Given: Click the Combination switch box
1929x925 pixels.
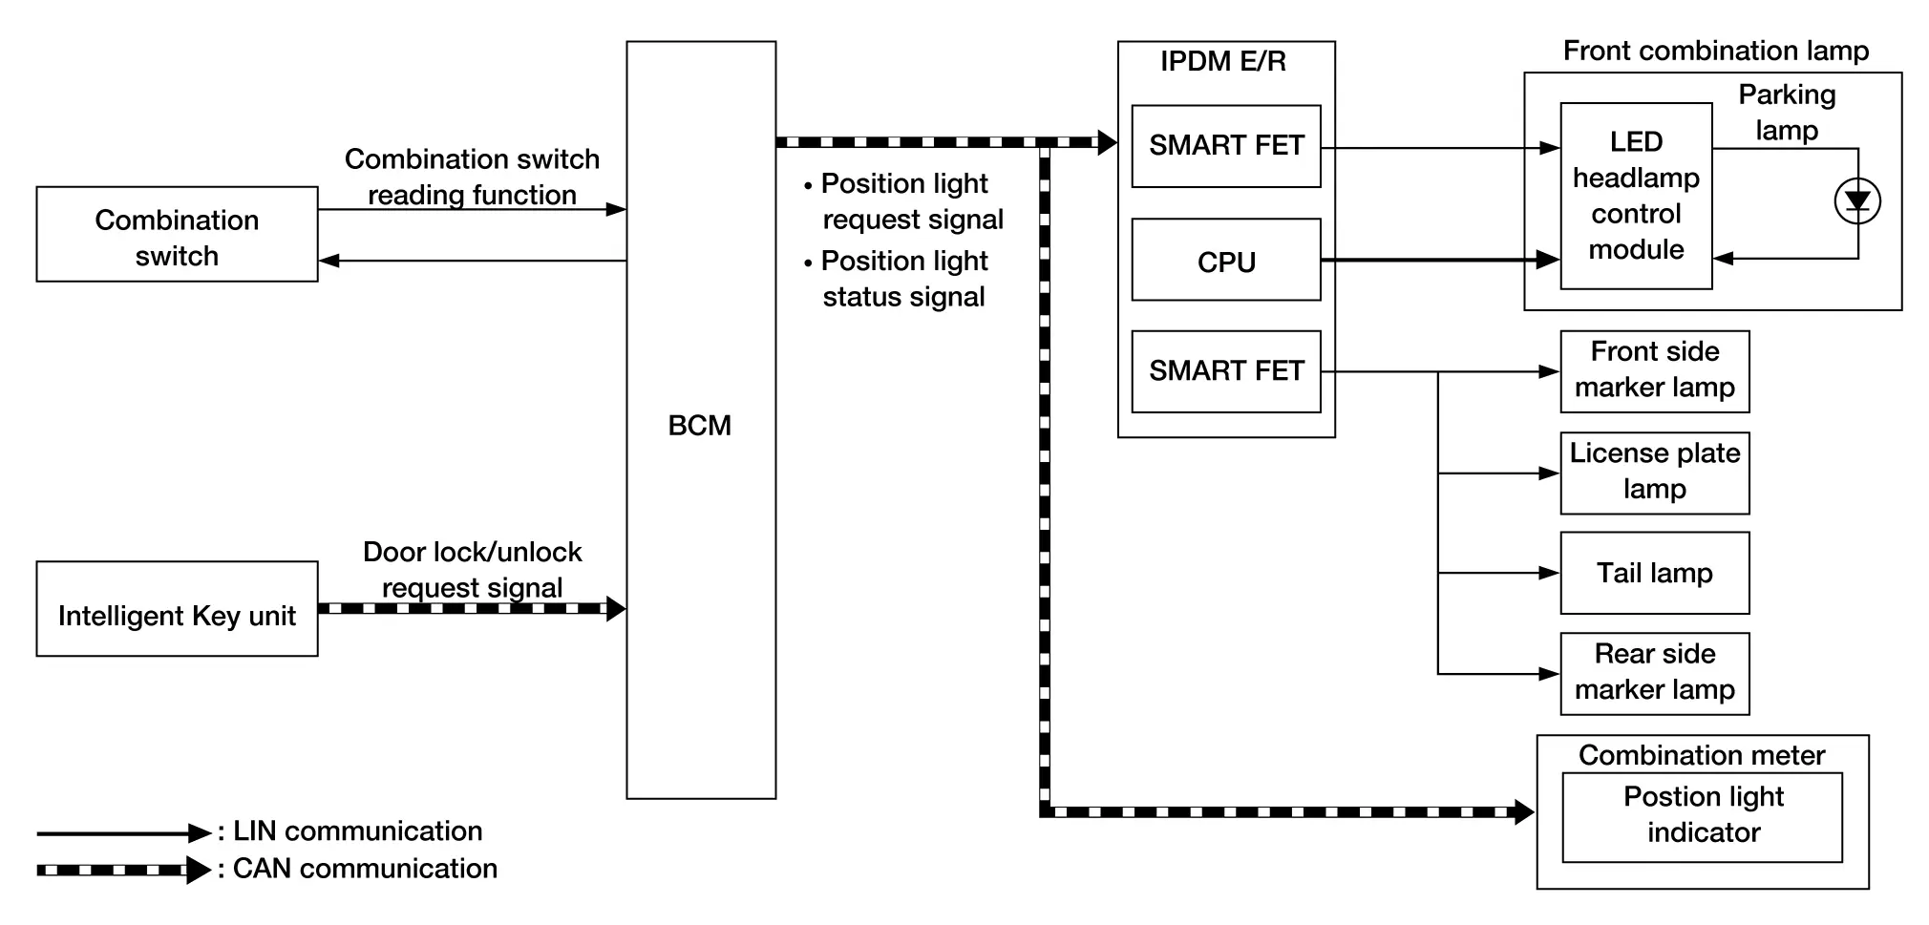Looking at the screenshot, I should pyautogui.click(x=177, y=235).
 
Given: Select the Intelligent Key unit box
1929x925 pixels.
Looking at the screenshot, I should pyautogui.click(x=177, y=609).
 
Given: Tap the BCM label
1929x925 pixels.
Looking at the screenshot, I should pyautogui.click(x=700, y=426).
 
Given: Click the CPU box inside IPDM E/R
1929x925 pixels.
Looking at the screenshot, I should pyautogui.click(x=1226, y=261).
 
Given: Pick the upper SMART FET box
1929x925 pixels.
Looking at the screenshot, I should pyautogui.click(x=1226, y=146).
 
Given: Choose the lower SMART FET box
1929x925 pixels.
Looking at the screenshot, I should pyautogui.click(x=1226, y=372).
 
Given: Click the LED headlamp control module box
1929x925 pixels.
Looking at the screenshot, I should pyautogui.click(x=1636, y=196).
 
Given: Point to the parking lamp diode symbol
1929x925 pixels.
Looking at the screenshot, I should pyautogui.click(x=1857, y=201).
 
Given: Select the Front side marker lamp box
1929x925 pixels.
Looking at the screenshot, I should pyautogui.click(x=1655, y=371).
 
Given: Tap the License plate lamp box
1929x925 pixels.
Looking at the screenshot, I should pyautogui.click(x=1655, y=473).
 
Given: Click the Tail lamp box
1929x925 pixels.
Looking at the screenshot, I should pyautogui.click(x=1655, y=574).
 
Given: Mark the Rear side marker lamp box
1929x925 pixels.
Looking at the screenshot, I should pyautogui.click(x=1655, y=674).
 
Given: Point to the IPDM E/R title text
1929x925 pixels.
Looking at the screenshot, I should pyautogui.click(x=1223, y=62).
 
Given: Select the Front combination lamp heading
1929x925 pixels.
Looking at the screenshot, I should pyautogui.click(x=1715, y=51).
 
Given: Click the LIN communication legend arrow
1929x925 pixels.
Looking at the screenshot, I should pyautogui.click(x=124, y=833).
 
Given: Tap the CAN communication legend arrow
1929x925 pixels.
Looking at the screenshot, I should pyautogui.click(x=124, y=870).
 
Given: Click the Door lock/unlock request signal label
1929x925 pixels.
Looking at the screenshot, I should pyautogui.click(x=473, y=570).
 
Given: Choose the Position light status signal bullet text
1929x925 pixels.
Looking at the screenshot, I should pyautogui.click(x=903, y=279).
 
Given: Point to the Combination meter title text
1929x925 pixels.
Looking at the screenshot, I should pyautogui.click(x=1702, y=755).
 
